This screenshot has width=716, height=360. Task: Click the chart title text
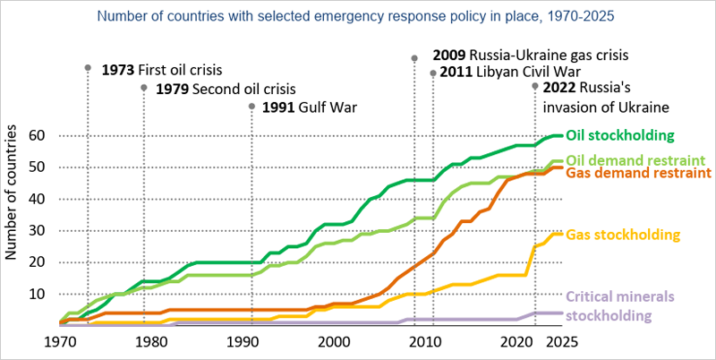[355, 16]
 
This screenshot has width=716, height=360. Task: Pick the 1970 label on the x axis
[59, 341]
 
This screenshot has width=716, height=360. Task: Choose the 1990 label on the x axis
[242, 341]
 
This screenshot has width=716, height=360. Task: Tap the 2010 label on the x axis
[423, 341]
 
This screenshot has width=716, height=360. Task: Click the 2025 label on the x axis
[562, 341]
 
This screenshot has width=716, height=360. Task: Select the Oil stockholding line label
[619, 135]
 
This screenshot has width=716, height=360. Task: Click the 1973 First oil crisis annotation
[161, 69]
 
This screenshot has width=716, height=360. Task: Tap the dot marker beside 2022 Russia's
[535, 87]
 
